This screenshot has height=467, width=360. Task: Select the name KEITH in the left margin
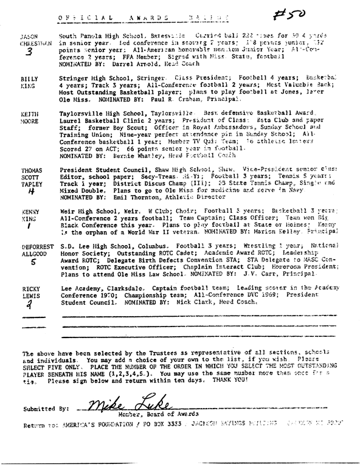22,114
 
